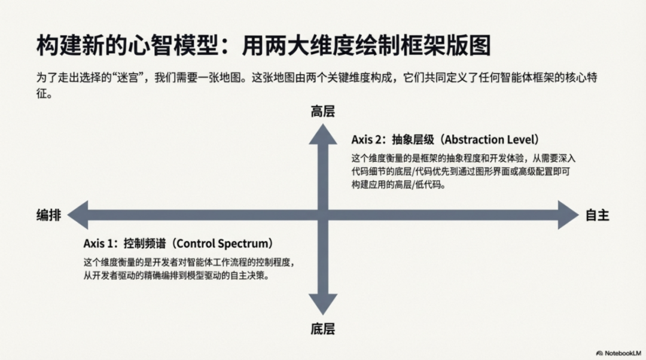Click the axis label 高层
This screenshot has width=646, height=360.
coord(322,111)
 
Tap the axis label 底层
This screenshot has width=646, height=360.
coord(322,328)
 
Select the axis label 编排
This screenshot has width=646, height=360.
coord(48,215)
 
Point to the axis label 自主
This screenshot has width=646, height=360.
coord(597,215)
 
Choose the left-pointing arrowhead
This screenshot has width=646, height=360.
coord(78,215)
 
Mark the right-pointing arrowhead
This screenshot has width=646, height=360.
coord(568,215)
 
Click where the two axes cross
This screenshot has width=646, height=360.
coord(322,215)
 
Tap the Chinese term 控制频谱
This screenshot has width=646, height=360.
coord(144,244)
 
